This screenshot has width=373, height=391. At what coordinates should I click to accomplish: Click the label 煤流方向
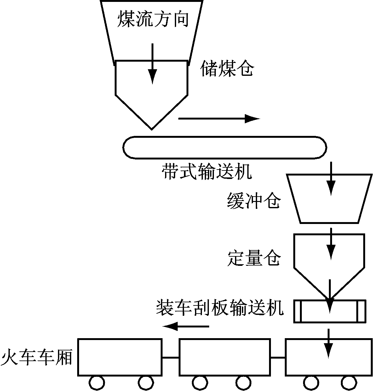pos(153,20)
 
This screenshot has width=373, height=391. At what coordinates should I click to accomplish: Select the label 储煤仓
pos(227,69)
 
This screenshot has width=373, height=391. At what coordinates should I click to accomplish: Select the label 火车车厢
pos(37,358)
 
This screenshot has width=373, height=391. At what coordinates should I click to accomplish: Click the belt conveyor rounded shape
pos(225,147)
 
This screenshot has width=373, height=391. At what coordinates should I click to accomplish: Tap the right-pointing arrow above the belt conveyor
pos(219,119)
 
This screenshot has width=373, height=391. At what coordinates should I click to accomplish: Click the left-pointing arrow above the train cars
pos(186,326)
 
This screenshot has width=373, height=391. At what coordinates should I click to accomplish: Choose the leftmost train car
pos(120,357)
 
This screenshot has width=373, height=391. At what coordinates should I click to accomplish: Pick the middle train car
pos(225,357)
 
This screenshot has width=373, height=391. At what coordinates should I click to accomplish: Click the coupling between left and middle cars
pos(170,357)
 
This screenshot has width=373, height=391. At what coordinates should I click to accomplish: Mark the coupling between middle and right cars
pos(278,357)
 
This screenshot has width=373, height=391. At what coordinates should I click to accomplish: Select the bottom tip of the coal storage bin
pos(152,128)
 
